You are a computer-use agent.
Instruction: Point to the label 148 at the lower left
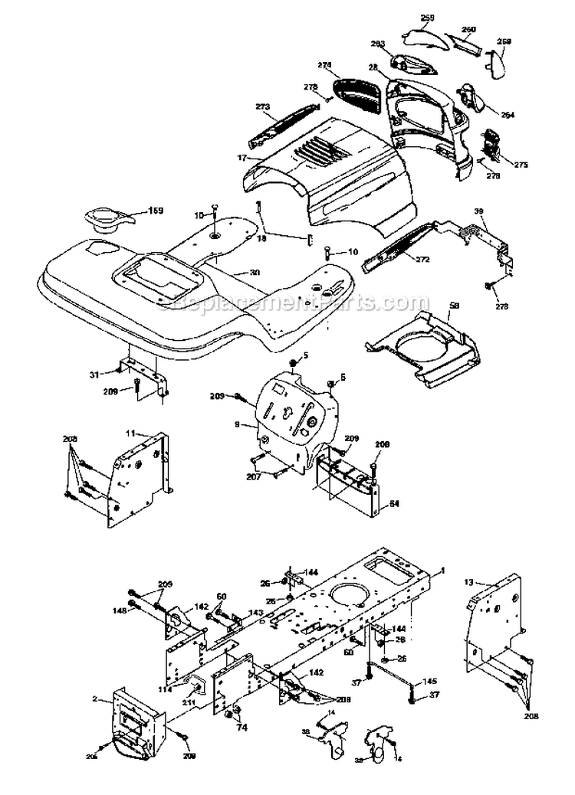click(120, 610)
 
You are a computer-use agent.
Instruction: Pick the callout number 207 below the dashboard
click(254, 476)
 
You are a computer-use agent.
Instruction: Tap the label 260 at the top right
click(468, 29)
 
